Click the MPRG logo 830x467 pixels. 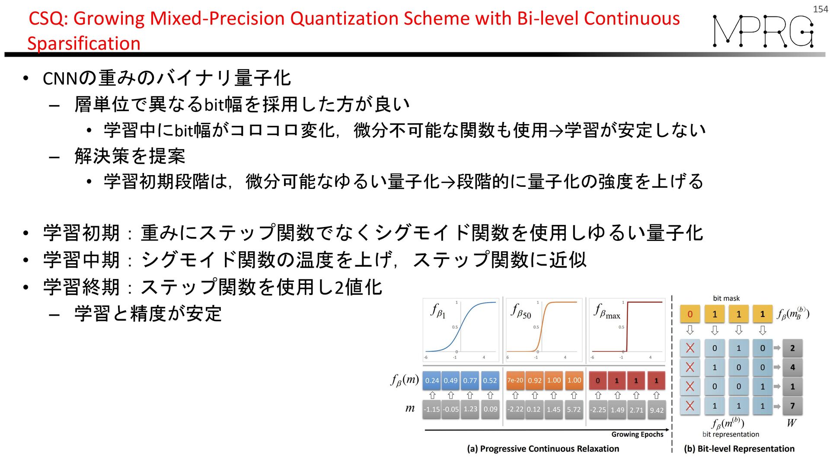pos(763,31)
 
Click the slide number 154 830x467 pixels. pos(820,9)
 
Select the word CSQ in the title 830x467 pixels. pos(46,19)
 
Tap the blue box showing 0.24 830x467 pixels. pos(432,381)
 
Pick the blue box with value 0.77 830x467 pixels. pos(470,381)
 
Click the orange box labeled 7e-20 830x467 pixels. pos(515,381)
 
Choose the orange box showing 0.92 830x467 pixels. pos(535,381)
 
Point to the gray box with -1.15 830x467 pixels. pos(432,409)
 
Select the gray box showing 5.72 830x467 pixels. pos(574,409)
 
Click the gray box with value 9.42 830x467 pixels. pos(656,410)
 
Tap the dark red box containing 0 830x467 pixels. pos(598,381)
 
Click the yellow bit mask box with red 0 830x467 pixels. pos(690,314)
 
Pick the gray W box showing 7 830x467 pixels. pos(792,406)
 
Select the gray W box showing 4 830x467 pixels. pos(792,368)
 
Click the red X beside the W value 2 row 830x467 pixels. pos(690,348)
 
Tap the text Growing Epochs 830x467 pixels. pos(637,435)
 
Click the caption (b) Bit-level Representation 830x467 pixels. pos(739,449)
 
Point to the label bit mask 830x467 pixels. pos(726,298)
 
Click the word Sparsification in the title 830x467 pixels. pos(84,44)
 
